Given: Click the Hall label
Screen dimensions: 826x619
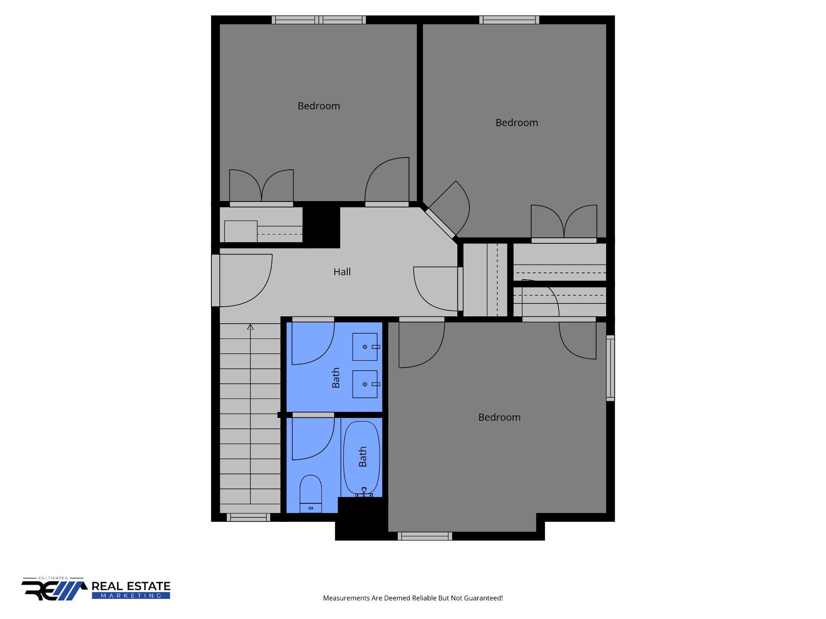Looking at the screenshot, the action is pyautogui.click(x=342, y=272).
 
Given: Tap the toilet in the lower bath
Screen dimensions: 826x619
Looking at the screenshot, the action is pyautogui.click(x=311, y=494).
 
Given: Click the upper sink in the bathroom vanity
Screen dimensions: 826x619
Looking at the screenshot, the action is pyautogui.click(x=365, y=347).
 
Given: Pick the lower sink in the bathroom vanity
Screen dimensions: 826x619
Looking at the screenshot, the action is pyautogui.click(x=365, y=384).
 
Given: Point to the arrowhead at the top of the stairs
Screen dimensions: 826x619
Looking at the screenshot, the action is pyautogui.click(x=250, y=327).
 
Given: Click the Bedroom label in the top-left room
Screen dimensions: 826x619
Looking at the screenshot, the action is pyautogui.click(x=319, y=106).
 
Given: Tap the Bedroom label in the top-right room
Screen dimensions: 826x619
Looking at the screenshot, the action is pyautogui.click(x=517, y=123).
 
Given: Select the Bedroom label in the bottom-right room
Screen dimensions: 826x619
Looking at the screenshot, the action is pyautogui.click(x=499, y=418).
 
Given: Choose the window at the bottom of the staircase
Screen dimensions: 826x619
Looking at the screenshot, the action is pyautogui.click(x=248, y=517).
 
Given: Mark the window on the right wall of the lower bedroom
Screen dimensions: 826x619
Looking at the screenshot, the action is pyautogui.click(x=611, y=368).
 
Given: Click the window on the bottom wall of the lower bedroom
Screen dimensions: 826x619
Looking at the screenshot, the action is pyautogui.click(x=425, y=536).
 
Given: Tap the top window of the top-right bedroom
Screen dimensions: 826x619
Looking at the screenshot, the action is pyautogui.click(x=509, y=20).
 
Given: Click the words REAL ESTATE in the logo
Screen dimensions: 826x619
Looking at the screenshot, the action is pyautogui.click(x=131, y=586).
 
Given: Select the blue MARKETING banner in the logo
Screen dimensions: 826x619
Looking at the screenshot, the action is pyautogui.click(x=131, y=596).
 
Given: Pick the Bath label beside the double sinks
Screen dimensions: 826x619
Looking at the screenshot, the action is pyautogui.click(x=336, y=378).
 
